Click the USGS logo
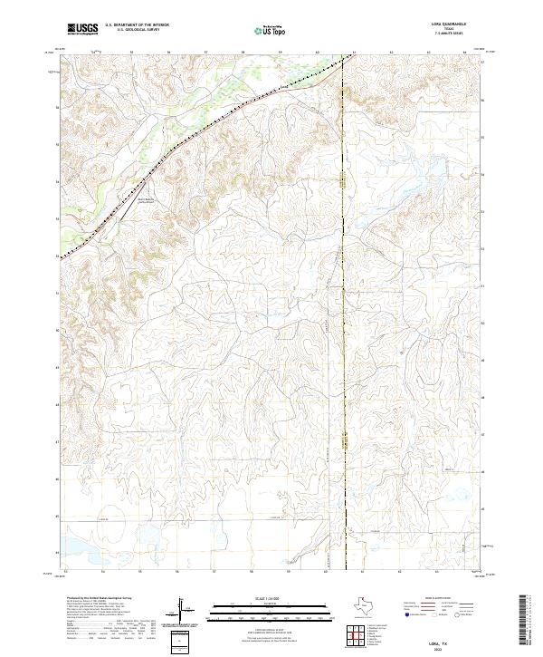pos(82,29)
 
